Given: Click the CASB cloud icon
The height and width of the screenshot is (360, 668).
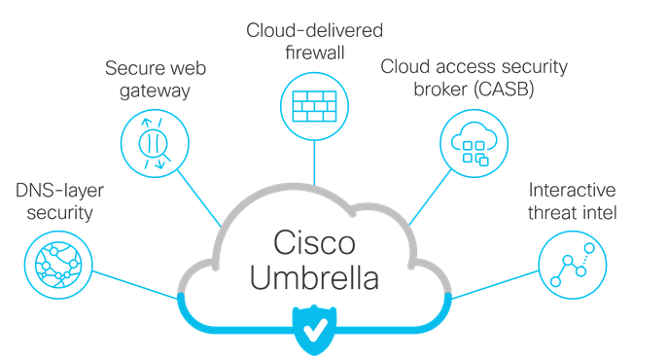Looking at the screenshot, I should coord(473,142).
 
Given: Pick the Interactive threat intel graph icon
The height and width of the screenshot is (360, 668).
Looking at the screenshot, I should coord(573,265).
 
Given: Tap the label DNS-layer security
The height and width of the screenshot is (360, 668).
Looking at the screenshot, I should coord(56,199).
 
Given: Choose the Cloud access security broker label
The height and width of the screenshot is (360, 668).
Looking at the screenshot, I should coord(474,78).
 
